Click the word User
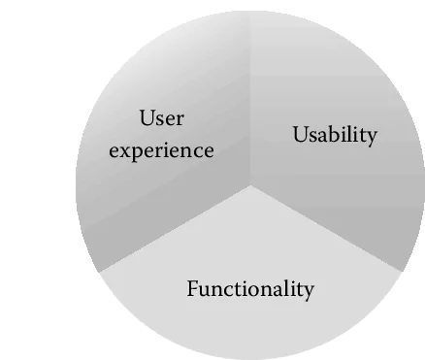162,120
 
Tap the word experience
161,151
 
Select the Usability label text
335,135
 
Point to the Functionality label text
250,288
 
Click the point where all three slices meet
250,183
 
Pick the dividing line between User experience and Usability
250,97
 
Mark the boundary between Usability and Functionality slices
325,227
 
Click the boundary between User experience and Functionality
175,227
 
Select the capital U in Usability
300,135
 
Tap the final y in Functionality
310,291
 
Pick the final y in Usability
371,138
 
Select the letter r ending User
180,121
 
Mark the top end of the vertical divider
250,13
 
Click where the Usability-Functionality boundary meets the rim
400,271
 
